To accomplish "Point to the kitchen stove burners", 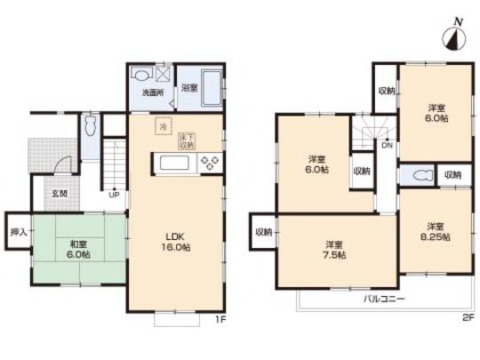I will tap(212, 163).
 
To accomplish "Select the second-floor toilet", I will tap(418, 175).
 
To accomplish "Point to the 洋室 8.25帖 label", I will tap(435, 230).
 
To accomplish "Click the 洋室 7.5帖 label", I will tap(333, 250).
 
